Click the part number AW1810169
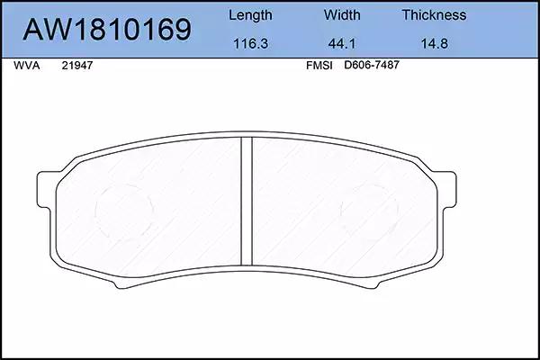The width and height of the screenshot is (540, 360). (x=107, y=29)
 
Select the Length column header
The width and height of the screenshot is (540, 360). (x=250, y=15)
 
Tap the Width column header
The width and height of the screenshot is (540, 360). (x=342, y=14)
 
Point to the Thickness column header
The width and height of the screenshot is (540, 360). (x=434, y=14)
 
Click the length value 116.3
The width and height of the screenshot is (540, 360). (x=251, y=44)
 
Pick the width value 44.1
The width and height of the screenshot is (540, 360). (x=342, y=44)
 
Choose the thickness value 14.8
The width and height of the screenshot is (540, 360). (x=435, y=44)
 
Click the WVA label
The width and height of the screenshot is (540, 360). (x=26, y=66)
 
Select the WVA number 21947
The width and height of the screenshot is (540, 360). (x=77, y=66)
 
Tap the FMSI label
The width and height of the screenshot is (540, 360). (x=319, y=66)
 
